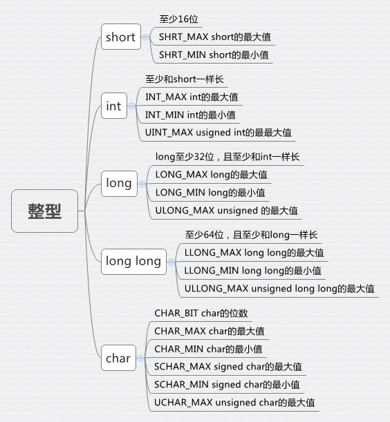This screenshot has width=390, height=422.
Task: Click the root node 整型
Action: pos(44,211)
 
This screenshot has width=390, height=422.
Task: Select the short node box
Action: pos(121,37)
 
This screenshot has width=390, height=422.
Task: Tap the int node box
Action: pos(114,106)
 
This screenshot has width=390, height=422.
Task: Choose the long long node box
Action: pos(133,262)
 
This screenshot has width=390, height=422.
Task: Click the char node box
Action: pos(118,358)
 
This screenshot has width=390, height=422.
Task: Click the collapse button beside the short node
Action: pos(145,37)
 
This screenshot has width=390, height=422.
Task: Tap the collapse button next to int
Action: pos(131,106)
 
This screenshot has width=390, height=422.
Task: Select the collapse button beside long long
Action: pos(171,262)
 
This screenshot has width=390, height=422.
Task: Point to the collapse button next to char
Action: pos(140,358)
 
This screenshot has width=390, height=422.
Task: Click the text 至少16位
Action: pos(178,19)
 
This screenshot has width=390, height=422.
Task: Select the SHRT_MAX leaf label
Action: pos(215,37)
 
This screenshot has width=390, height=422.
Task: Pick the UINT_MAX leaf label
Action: pos(219,133)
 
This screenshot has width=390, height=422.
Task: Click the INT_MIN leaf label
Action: pos(190,115)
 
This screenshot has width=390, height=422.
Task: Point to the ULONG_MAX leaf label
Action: pos(226,211)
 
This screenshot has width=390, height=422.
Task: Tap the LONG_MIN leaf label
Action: pos(210,193)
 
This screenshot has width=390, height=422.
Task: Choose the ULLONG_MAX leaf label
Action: pos(279,289)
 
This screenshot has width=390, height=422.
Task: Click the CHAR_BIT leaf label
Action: pos(201,313)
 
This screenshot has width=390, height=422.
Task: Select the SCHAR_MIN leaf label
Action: pos(227,385)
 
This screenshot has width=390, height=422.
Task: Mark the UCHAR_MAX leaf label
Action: pos(234,403)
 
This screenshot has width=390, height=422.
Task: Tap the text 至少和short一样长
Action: pos(185,79)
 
